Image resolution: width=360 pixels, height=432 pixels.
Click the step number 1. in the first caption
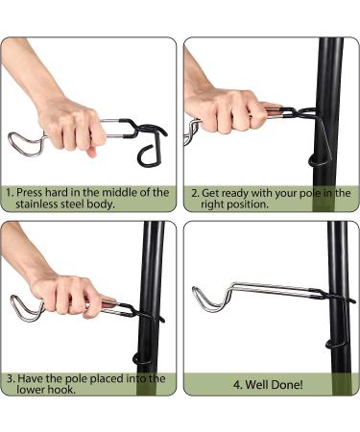[x=10, y=193]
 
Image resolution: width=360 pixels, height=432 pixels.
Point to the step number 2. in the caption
[x=197, y=193]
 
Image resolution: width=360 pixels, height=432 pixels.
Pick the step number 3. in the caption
[x=10, y=379]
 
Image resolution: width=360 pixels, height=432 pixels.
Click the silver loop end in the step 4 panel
[x=202, y=299]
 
